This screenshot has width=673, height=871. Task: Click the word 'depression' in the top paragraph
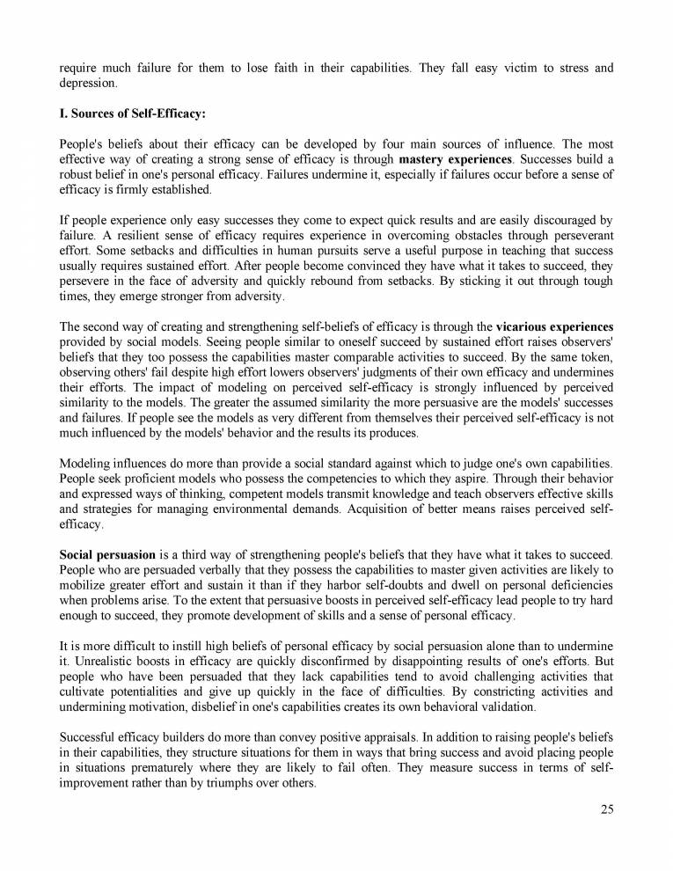(x=87, y=83)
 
